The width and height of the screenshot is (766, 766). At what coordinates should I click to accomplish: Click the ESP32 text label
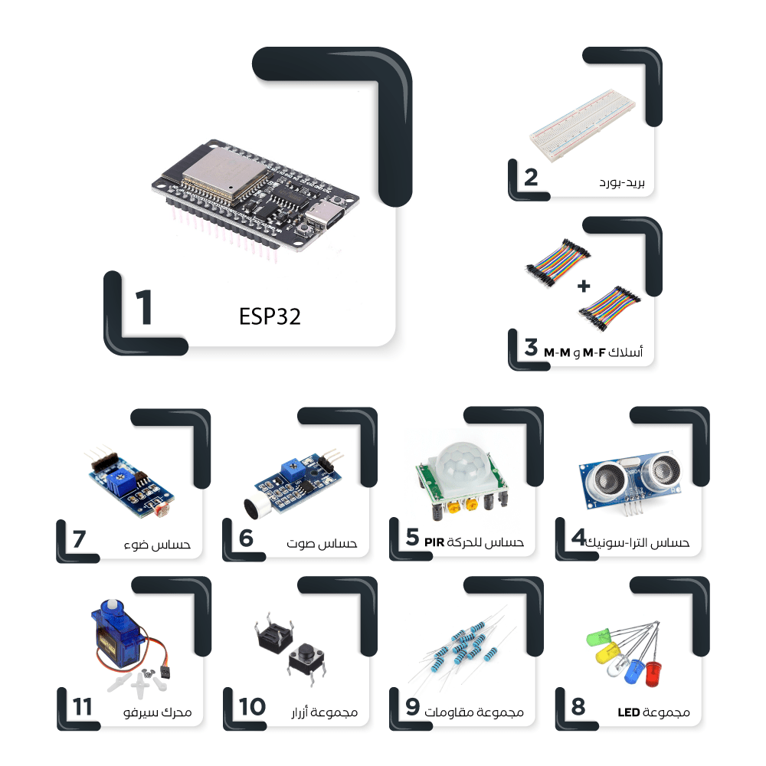click(270, 317)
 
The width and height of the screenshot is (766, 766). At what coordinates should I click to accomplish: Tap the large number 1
click(143, 309)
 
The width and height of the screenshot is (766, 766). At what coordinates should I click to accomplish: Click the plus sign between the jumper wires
click(584, 286)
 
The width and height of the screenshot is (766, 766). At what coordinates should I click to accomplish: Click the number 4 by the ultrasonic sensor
click(578, 538)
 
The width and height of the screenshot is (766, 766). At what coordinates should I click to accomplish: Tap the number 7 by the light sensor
click(79, 538)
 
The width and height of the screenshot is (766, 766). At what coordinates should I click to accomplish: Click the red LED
click(653, 674)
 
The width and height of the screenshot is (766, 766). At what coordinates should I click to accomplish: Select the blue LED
click(633, 671)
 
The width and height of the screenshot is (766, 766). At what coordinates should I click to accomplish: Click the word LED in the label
click(628, 712)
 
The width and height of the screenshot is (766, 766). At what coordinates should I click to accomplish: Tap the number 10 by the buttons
click(252, 707)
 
